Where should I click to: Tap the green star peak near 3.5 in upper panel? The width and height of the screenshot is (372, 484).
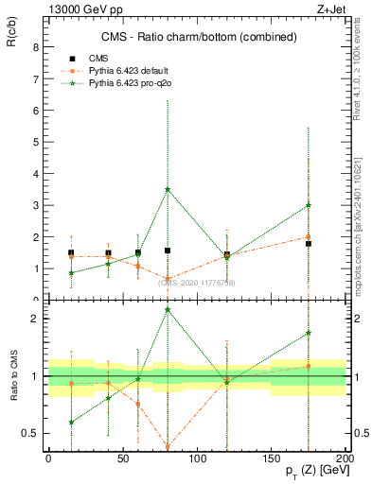coord(168,189)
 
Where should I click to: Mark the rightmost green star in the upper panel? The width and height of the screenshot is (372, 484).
coord(309,205)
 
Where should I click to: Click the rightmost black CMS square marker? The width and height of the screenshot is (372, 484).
coord(309,244)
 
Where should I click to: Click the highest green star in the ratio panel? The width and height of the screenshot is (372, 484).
coord(168,309)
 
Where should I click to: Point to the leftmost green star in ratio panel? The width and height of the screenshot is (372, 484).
coord(71,422)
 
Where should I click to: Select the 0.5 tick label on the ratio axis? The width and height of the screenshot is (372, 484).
coord(28,433)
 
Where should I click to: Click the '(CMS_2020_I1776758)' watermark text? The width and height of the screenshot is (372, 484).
coord(196,283)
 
